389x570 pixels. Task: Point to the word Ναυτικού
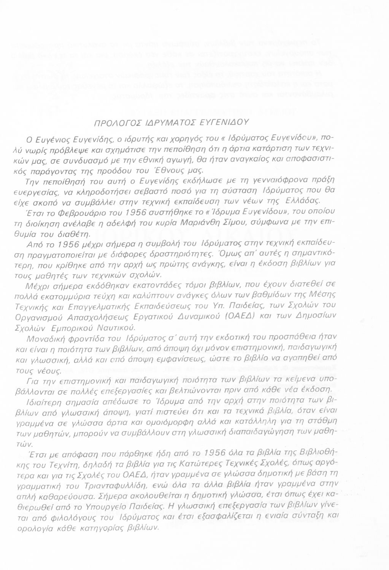click(116, 326)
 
